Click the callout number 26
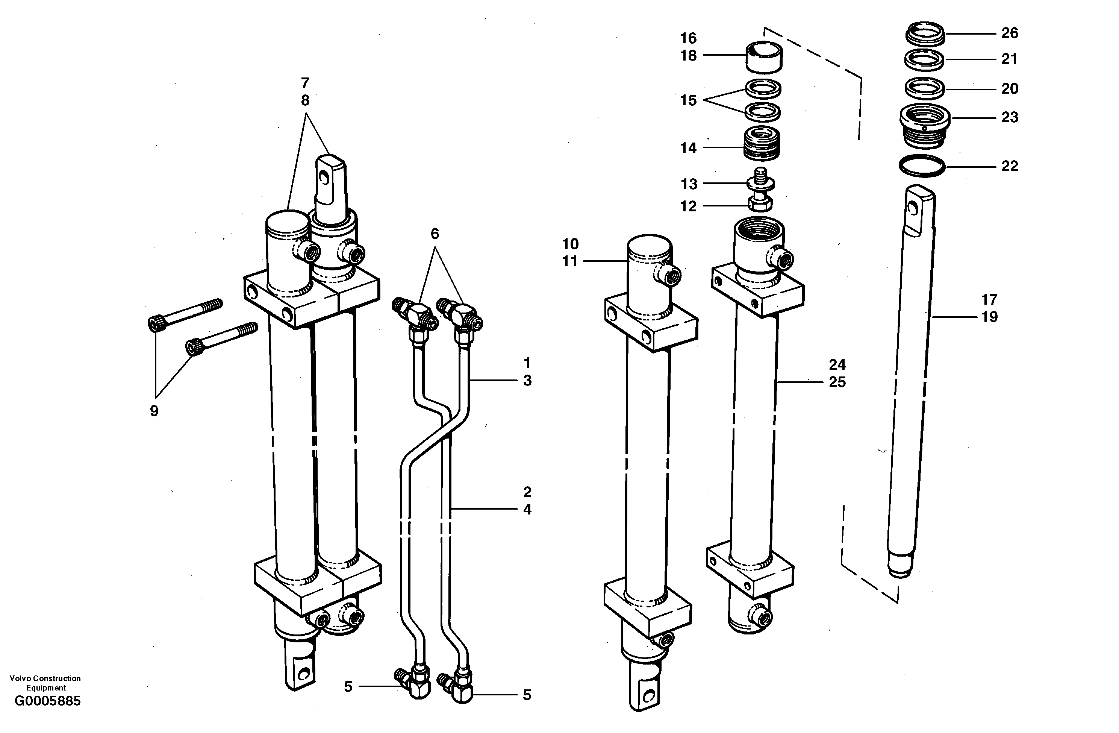(x=1010, y=33)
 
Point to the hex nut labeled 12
(x=760, y=204)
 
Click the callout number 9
(x=154, y=411)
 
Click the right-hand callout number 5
(x=527, y=695)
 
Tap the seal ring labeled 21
(x=925, y=59)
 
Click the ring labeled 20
(x=925, y=88)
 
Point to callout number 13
(x=689, y=184)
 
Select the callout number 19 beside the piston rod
(x=989, y=317)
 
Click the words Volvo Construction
(x=45, y=678)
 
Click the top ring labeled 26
(x=925, y=34)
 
